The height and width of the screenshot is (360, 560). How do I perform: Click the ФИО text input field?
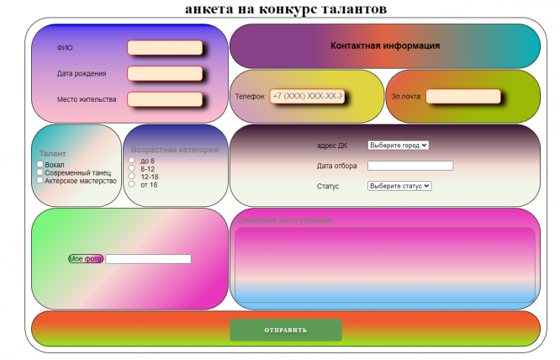tap(165, 48)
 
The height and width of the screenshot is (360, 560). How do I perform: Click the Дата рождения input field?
tap(165, 73)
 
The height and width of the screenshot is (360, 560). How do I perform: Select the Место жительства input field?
tap(165, 99)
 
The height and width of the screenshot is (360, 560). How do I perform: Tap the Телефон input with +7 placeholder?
tap(307, 97)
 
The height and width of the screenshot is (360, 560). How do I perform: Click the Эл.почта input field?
tap(463, 97)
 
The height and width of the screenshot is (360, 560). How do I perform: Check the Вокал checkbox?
tap(40, 165)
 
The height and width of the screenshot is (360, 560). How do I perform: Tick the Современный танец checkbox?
tap(40, 172)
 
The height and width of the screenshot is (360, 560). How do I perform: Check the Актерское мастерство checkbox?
tap(40, 180)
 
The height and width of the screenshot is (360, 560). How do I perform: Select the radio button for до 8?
tap(131, 161)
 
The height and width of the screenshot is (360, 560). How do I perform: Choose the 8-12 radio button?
tap(131, 168)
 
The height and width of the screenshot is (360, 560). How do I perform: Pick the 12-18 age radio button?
tap(131, 177)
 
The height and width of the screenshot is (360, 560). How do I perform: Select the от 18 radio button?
tap(131, 184)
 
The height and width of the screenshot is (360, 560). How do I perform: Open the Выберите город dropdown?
tap(399, 145)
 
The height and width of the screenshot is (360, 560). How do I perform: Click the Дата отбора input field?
tap(410, 166)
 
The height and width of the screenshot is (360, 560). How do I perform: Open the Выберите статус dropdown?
tap(399, 186)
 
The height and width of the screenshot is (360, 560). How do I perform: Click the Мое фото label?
tap(86, 259)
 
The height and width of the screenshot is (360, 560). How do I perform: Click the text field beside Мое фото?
tap(148, 259)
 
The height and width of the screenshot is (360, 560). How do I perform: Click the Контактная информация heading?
tap(385, 45)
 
